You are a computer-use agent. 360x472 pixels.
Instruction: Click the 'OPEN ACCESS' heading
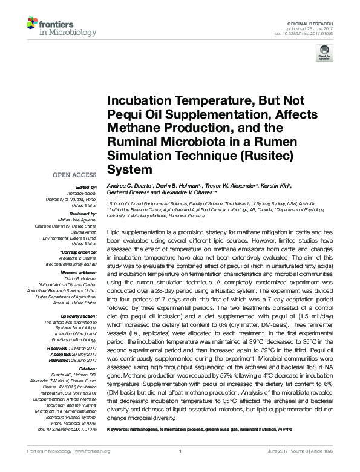point(74,175)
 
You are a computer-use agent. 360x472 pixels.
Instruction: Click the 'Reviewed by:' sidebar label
point(80,214)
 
